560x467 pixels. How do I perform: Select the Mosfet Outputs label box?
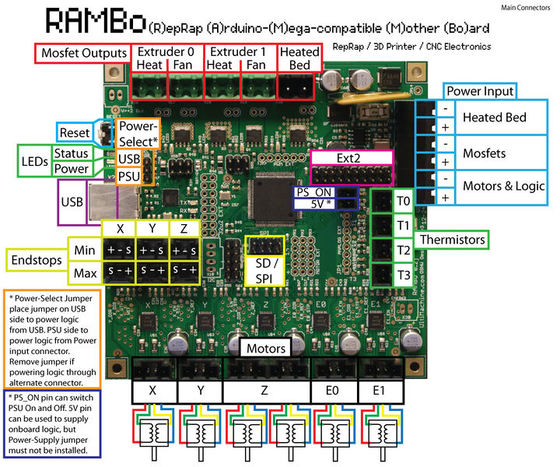click(x=83, y=54)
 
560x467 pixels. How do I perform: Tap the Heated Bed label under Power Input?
click(x=495, y=118)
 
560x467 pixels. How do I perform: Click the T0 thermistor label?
click(x=403, y=202)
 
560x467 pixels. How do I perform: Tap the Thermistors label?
click(x=454, y=240)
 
